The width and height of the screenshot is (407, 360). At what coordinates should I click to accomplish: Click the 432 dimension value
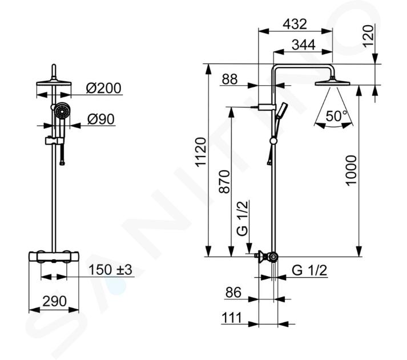pos(295,24)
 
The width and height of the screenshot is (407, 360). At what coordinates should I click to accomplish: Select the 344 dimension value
pos(304,45)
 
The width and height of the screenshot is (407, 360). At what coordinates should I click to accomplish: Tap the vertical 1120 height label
pos(201,152)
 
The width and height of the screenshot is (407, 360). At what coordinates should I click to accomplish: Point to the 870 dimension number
pos(225,182)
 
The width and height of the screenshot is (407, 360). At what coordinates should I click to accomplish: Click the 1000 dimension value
pos(351,170)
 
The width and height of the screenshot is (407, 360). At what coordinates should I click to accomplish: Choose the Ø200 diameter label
pos(103,88)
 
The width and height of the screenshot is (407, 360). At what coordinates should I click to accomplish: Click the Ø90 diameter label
pos(101,119)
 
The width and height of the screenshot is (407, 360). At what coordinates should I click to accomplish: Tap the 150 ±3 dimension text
pos(110,270)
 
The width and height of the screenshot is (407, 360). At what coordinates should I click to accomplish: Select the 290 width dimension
pos(54,301)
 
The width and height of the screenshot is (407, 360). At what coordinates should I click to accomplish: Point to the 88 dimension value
pos(229,79)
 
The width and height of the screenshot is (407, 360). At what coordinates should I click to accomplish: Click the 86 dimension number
pos(233,293)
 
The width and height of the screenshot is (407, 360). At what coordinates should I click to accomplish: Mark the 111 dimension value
pos(232,318)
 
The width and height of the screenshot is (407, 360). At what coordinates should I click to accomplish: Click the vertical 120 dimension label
pos(369,36)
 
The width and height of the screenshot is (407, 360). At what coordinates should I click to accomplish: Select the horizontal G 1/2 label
pos(309,270)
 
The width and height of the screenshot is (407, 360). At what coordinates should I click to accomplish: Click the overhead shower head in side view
pos(332,83)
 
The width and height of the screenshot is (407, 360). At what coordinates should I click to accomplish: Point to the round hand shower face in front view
pos(62,112)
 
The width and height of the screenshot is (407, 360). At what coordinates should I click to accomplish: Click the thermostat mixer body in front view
pos(54,257)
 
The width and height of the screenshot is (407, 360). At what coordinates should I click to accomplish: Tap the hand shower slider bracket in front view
pos(54,141)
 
